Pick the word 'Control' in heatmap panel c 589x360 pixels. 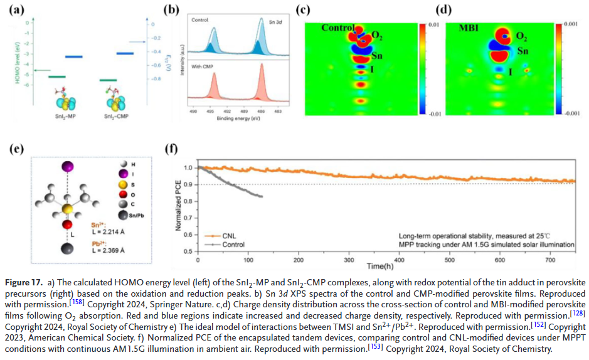pyautogui.click(x=337, y=28)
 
